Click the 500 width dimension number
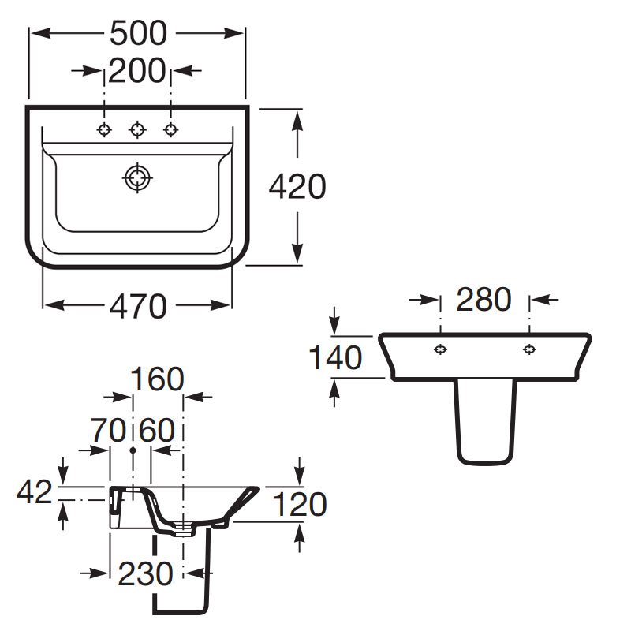point(138,33)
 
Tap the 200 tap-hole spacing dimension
point(136,71)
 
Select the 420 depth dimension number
point(297,186)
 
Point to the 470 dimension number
point(138,306)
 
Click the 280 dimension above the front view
point(484,300)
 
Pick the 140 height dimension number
point(335,357)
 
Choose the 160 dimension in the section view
point(157,379)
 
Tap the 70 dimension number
point(109,430)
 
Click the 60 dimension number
point(157,430)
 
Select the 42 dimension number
point(35,491)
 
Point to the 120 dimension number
point(300,504)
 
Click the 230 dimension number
point(146,574)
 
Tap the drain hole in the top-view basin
point(137,178)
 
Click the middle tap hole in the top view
point(137,129)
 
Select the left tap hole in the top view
point(104,129)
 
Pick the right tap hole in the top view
point(171,129)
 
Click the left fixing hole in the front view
point(441,349)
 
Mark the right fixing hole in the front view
point(529,349)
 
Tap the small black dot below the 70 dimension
point(133,450)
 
